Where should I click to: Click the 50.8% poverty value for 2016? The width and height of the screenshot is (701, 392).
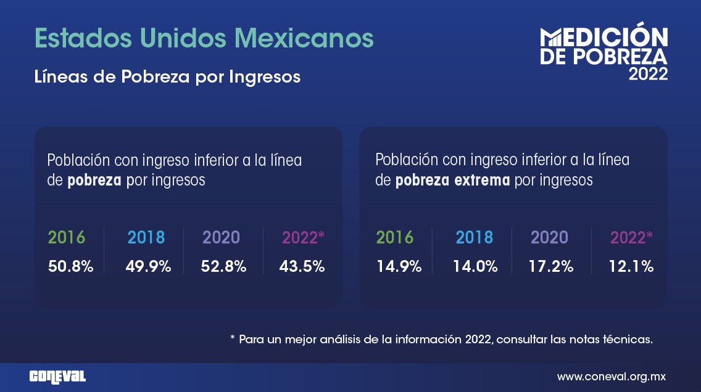(x=71, y=267)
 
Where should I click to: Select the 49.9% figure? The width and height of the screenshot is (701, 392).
(x=148, y=267)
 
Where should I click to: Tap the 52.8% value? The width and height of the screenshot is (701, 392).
(x=224, y=267)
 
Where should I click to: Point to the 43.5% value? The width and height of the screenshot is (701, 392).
(x=302, y=267)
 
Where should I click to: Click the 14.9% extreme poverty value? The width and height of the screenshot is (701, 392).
(x=399, y=267)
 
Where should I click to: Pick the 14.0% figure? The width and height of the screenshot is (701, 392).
(x=475, y=267)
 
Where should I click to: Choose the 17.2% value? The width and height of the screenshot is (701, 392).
(x=551, y=267)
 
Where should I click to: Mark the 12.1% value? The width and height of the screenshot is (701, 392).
(x=631, y=267)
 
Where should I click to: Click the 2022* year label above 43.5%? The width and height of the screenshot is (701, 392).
(x=303, y=237)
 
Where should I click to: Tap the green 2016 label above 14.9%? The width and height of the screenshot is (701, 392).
(x=395, y=237)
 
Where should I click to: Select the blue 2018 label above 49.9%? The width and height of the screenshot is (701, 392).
(x=146, y=237)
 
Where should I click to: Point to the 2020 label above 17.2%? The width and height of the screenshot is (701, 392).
(x=549, y=237)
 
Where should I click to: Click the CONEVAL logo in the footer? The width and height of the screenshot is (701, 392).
(x=57, y=377)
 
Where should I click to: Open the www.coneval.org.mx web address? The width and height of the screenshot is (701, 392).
(x=612, y=376)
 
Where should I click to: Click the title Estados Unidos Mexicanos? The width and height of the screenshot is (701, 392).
(x=204, y=38)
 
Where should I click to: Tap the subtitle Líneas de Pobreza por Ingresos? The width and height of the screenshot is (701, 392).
(x=168, y=77)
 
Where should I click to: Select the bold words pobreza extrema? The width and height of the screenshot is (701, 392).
(x=453, y=181)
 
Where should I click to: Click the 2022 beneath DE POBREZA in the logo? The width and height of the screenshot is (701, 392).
(x=648, y=75)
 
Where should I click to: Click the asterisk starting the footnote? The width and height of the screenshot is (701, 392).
(x=233, y=338)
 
